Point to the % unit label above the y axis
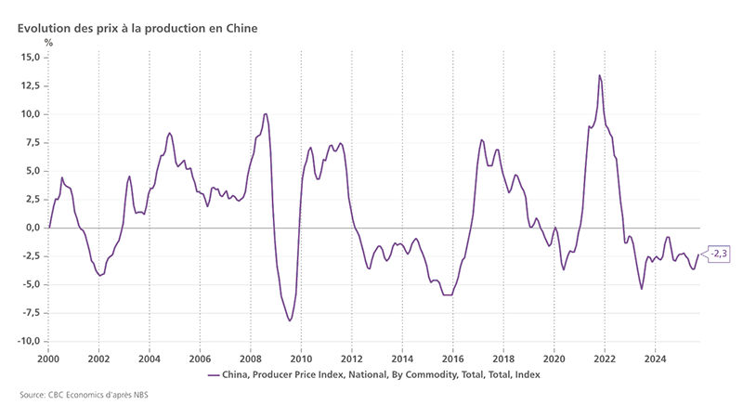(x=48, y=42)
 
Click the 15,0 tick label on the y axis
(x=30, y=58)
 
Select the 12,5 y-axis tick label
(x=30, y=85)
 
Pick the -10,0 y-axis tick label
(x=28, y=341)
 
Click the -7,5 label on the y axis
(x=30, y=313)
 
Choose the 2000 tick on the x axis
(x=48, y=358)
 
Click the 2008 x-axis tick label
(x=251, y=358)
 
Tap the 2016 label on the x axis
(x=453, y=358)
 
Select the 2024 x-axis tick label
(x=656, y=358)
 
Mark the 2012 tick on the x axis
(x=352, y=358)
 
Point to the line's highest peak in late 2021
(x=600, y=75)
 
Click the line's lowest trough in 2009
(x=290, y=320)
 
